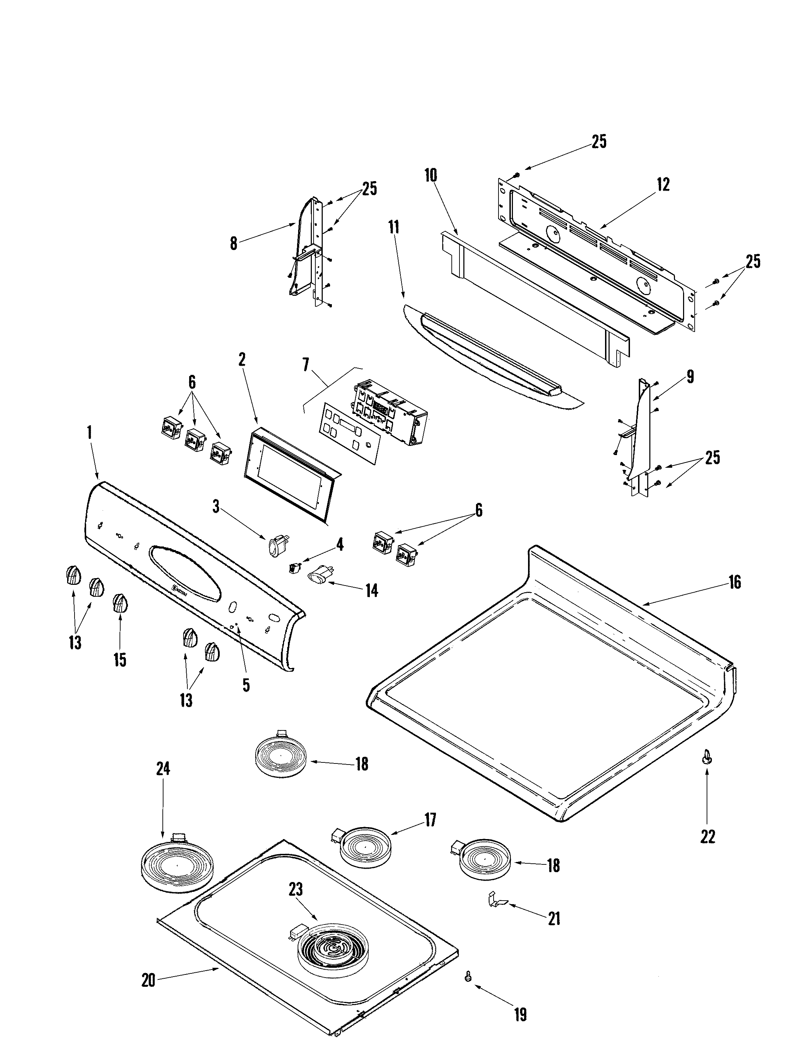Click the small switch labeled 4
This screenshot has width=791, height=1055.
coord(294,568)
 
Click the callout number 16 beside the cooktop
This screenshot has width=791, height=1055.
coord(735,582)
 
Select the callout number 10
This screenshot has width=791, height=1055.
coord(431,175)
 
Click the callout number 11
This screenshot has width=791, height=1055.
coord(393,227)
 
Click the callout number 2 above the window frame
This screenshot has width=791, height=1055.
coord(242,360)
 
